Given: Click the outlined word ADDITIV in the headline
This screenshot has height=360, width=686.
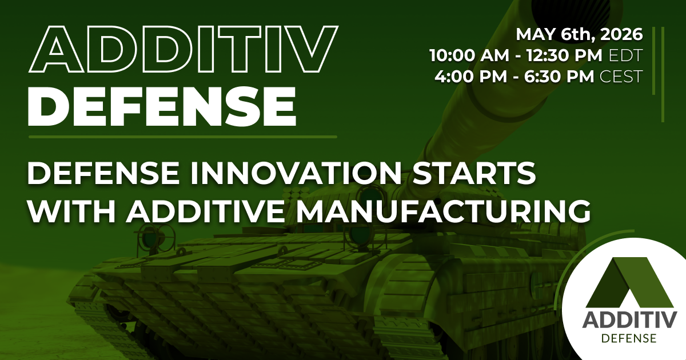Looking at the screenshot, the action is click(183, 49).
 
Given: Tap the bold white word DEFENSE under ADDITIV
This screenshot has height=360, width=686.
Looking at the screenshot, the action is click(162, 106).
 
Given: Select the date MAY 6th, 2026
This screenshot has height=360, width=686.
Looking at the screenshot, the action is click(579, 34).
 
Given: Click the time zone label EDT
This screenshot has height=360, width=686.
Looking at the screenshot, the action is click(625, 55).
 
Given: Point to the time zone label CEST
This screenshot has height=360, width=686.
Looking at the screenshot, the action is click(621, 76).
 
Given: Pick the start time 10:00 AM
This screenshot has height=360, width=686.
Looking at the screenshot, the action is click(469, 55).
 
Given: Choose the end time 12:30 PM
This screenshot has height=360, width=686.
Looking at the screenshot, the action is click(564, 55).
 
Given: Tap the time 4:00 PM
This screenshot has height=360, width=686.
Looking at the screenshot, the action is click(470, 76).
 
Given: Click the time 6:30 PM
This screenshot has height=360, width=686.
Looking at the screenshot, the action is click(559, 76).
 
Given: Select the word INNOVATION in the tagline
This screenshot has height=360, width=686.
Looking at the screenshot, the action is click(296, 173).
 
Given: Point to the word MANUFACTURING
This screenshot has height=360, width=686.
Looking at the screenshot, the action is click(443, 211).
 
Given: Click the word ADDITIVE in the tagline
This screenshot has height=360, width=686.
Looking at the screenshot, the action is click(205, 211).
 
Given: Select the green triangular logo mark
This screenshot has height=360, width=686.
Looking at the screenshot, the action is click(629, 282).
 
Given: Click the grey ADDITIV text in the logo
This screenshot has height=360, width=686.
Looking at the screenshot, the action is click(629, 320).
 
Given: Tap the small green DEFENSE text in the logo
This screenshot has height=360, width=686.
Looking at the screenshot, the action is click(629, 338).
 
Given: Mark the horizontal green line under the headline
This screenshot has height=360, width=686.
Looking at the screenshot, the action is click(183, 137).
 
